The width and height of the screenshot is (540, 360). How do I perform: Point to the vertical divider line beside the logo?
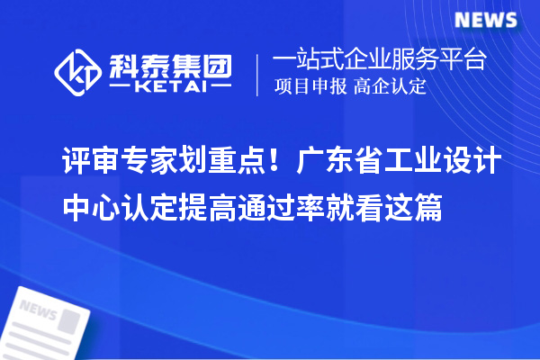coord(259,73)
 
